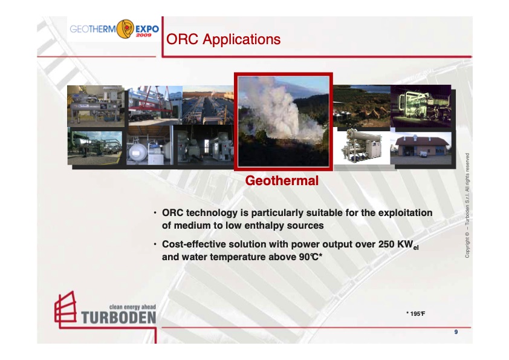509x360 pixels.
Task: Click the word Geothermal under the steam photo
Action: click(282, 181)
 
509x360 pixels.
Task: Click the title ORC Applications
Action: click(223, 40)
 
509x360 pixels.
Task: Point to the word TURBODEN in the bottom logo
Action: click(118, 318)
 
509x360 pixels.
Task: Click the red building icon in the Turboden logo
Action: click(65, 309)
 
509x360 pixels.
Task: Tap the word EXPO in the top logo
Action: click(147, 28)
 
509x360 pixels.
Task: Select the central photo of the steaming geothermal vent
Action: click(283, 121)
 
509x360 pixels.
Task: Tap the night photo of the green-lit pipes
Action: click(421, 105)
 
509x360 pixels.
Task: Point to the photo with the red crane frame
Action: click(155, 105)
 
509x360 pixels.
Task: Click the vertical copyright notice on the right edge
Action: click(467, 206)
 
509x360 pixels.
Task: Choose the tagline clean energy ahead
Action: click(132, 307)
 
